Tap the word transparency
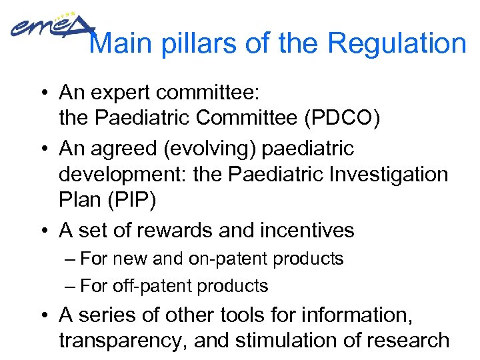pos(122,341)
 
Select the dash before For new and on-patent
pos(71,259)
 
